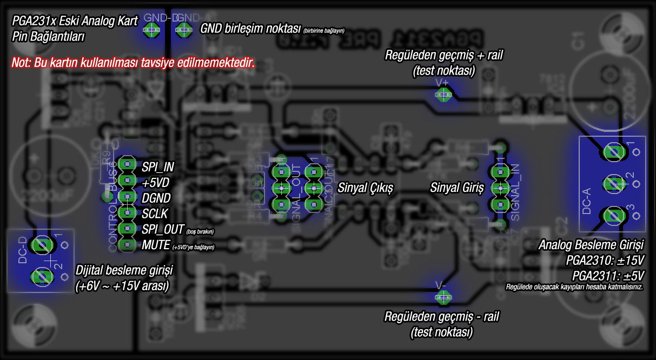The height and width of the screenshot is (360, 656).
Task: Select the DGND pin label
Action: [x=156, y=197]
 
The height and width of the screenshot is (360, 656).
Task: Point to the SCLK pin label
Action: [x=155, y=213]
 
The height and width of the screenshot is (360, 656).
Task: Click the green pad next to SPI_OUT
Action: [x=128, y=229]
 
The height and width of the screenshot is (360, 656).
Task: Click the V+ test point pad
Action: [x=443, y=95]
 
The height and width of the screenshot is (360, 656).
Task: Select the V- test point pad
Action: [x=443, y=296]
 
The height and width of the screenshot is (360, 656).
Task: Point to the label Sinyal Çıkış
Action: [x=365, y=189]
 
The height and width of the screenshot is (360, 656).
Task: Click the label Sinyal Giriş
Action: [x=457, y=189]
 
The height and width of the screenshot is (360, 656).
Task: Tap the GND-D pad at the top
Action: [x=152, y=29]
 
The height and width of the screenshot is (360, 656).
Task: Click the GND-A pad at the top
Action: [x=184, y=29]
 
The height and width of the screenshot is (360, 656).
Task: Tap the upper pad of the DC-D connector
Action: [x=42, y=245]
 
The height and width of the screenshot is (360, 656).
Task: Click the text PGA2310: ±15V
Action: [x=605, y=260]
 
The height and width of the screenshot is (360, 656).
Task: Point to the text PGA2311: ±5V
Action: [x=607, y=274]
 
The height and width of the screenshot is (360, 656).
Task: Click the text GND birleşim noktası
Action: [x=250, y=29]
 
